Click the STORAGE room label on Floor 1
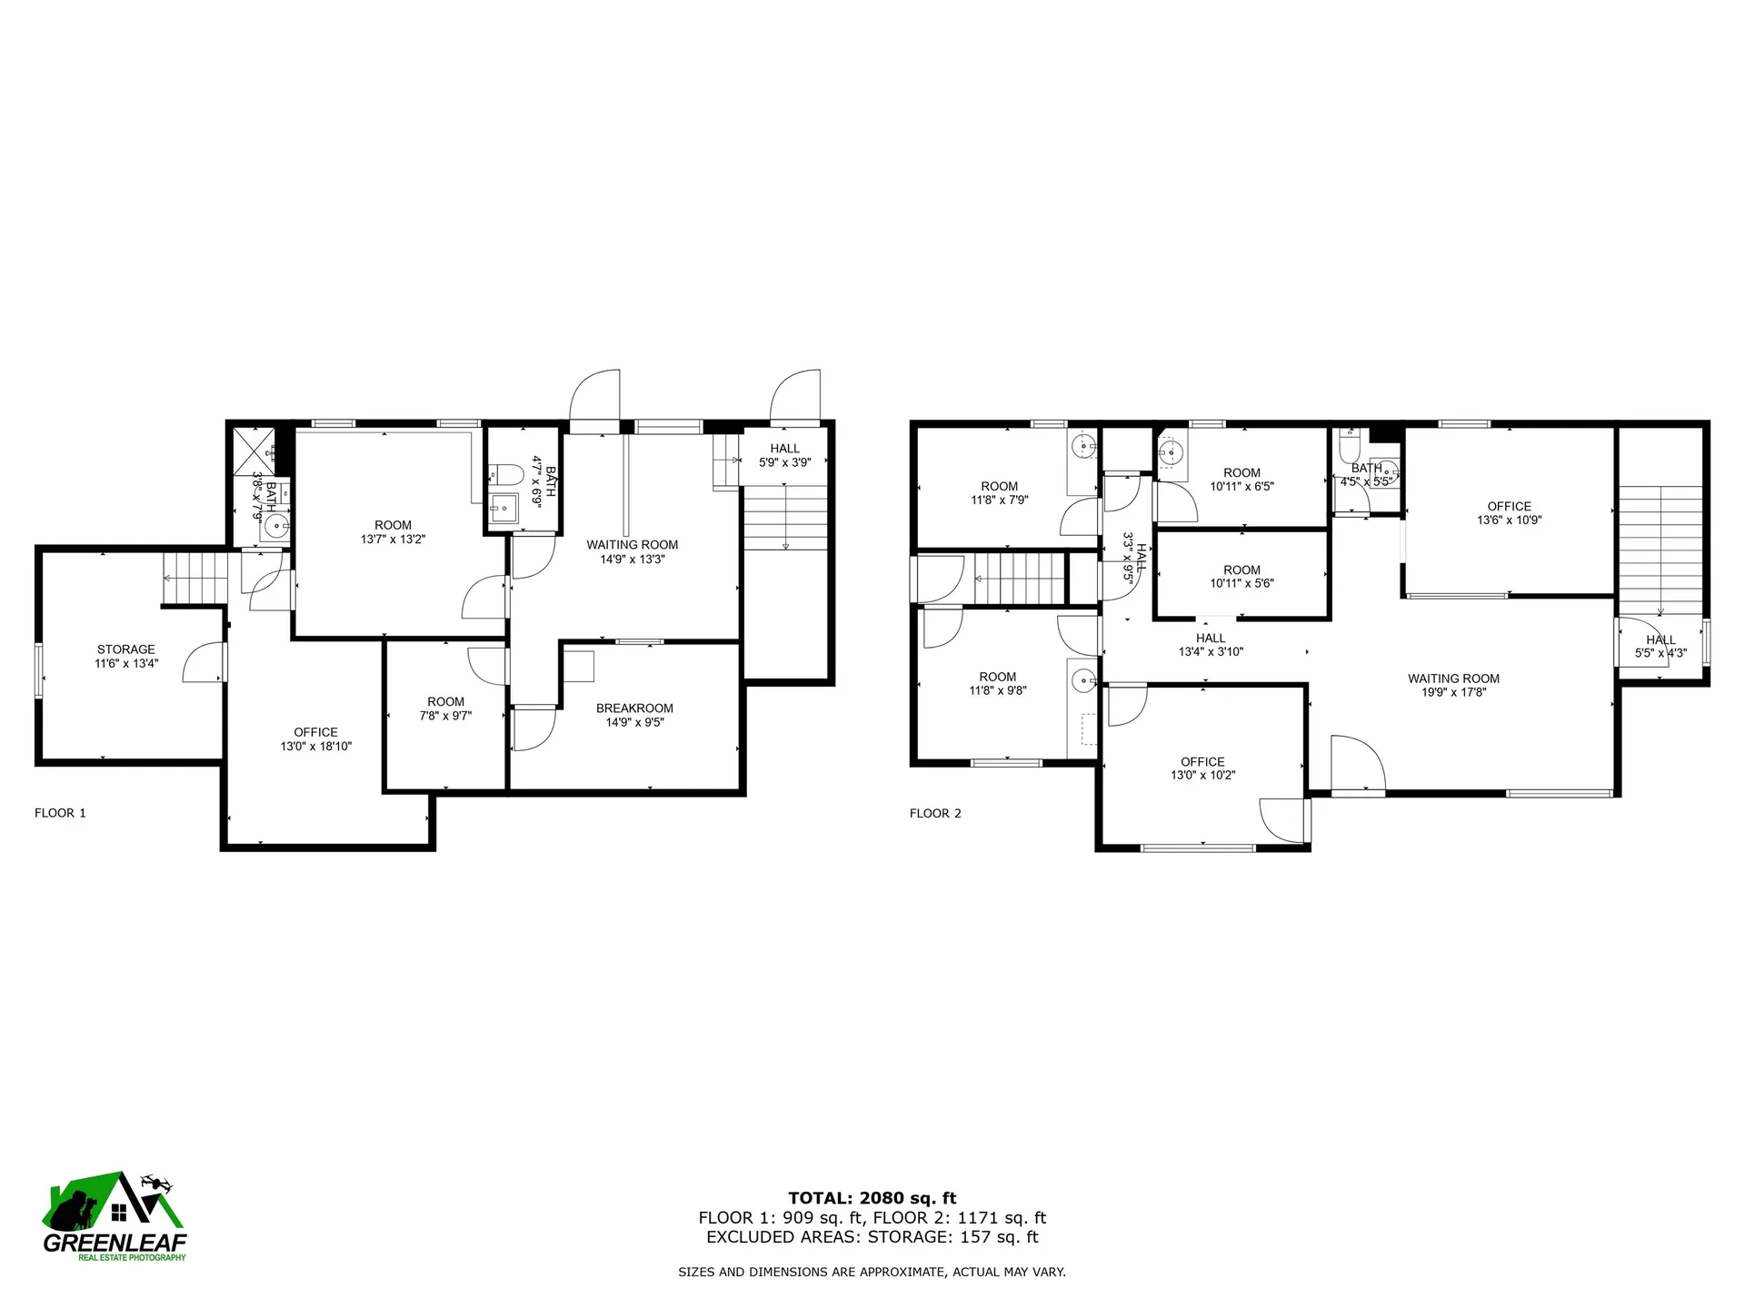click(126, 649)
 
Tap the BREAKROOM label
click(634, 708)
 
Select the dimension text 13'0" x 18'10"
click(315, 747)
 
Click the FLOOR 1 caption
click(60, 813)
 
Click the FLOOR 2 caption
click(935, 813)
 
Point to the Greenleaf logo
click(115, 1217)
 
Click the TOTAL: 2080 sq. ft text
click(872, 1198)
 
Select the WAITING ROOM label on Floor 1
click(632, 545)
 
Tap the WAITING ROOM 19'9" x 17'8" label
click(1453, 685)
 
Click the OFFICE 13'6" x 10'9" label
click(1509, 513)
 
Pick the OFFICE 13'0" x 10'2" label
click(1202, 768)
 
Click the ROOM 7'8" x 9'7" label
click(445, 708)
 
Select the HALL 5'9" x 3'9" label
click(784, 455)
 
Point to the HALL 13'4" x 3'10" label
click(1211, 645)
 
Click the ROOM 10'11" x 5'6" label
click(1241, 577)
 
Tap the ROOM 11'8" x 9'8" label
click(997, 683)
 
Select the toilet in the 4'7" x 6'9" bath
click(504, 473)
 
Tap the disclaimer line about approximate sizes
click(872, 1273)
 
